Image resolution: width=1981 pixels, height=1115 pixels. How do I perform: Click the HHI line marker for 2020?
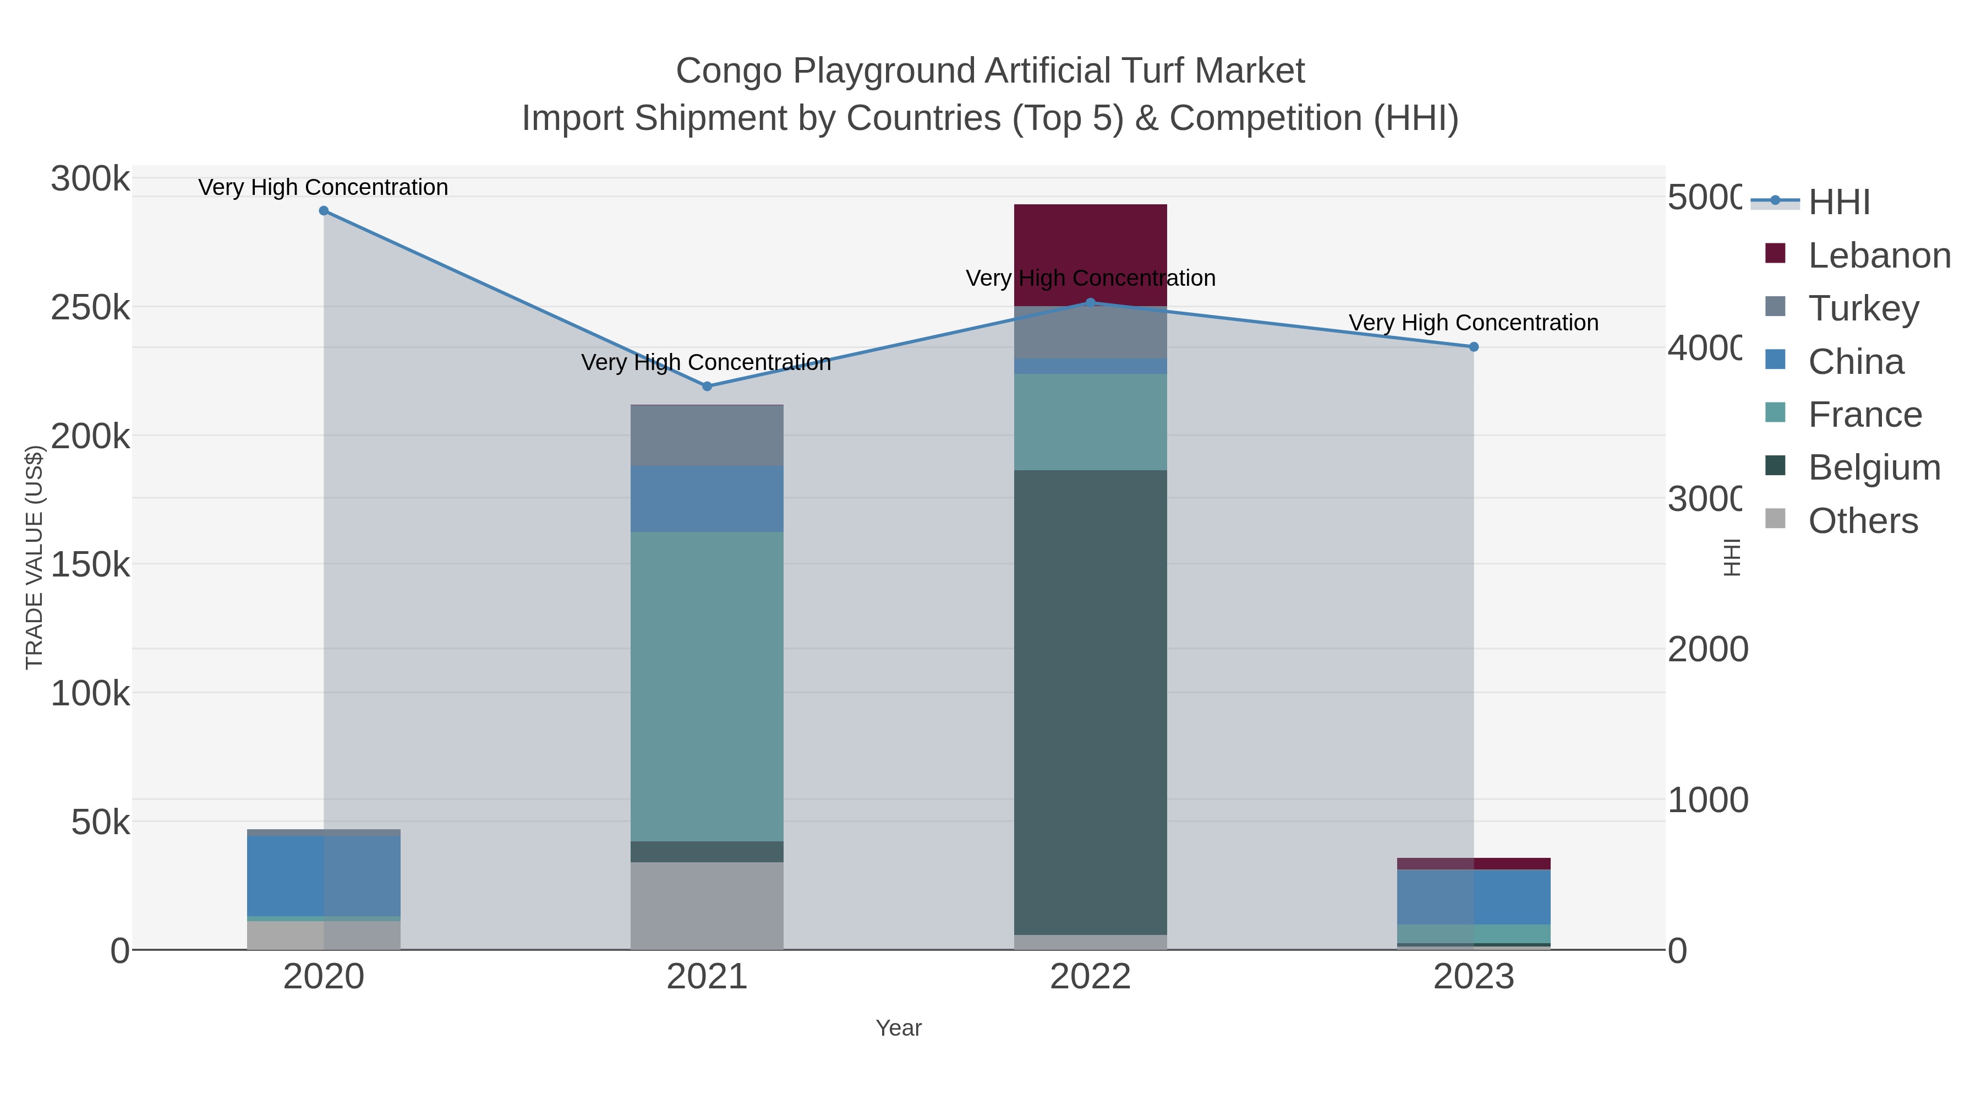click(324, 211)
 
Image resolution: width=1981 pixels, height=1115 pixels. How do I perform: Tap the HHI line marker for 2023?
click(1474, 347)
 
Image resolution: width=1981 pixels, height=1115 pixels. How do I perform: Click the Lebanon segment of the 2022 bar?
click(1091, 254)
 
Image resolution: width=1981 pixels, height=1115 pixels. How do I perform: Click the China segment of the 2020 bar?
click(324, 875)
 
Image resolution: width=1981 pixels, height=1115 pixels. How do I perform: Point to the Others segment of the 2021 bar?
click(707, 906)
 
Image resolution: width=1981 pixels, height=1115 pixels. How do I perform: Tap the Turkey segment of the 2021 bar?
click(707, 436)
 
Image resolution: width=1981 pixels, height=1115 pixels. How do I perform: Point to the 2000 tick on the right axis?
click(1706, 650)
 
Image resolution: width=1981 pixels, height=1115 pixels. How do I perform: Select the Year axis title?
click(898, 1028)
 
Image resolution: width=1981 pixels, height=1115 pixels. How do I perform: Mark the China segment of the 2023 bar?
click(1474, 896)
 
